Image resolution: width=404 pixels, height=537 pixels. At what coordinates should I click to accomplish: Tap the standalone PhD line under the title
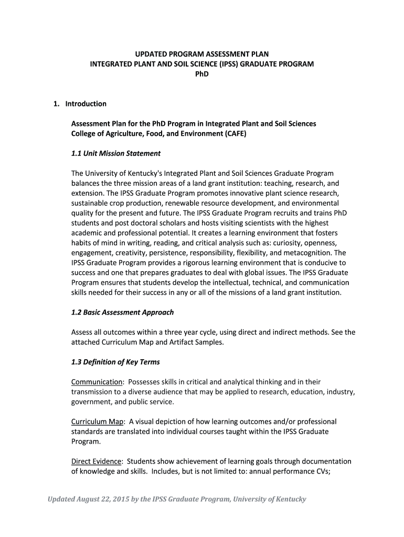point(202,74)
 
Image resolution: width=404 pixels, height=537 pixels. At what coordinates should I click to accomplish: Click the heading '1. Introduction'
point(80,104)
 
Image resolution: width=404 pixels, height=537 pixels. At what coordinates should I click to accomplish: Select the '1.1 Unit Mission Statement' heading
point(116,154)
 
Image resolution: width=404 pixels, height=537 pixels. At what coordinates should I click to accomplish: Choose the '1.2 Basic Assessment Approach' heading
point(122,312)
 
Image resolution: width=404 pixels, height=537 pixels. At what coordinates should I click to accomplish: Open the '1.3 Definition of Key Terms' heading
point(115,362)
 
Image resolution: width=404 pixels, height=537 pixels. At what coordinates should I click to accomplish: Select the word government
point(90,402)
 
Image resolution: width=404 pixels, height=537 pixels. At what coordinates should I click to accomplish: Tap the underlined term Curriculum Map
point(98,422)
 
